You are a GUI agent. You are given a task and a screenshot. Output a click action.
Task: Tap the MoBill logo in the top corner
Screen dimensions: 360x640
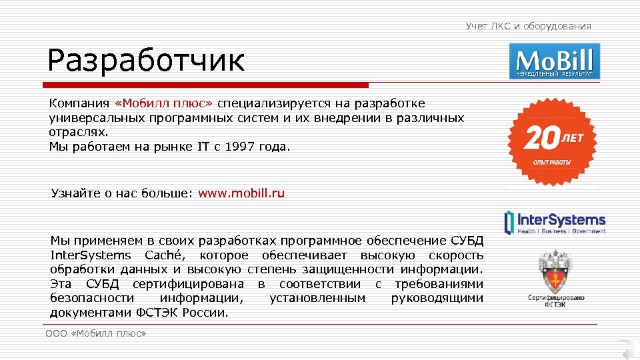pos(555,61)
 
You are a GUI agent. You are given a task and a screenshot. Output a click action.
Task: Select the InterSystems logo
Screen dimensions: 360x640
pos(555,223)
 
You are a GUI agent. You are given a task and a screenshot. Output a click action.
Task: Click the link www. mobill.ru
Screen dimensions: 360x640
pos(241,193)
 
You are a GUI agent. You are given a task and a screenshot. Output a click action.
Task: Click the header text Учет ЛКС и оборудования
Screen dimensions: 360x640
pos(528,26)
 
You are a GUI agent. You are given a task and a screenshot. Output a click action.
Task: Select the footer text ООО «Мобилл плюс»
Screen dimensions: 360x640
pos(96,333)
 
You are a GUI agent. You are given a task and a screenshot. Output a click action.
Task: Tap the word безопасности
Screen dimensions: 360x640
pos(91,298)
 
